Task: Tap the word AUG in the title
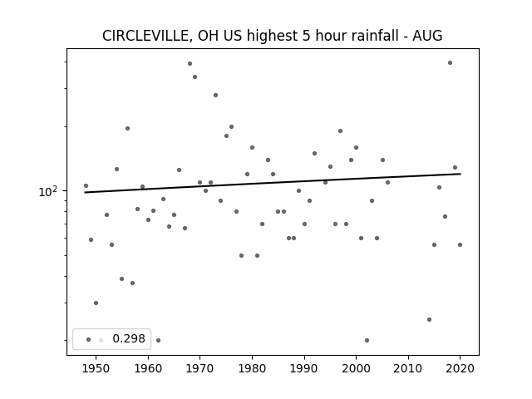[427, 36]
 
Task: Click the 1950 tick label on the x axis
[96, 368]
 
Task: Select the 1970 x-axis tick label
[199, 368]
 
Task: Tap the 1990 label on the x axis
[304, 368]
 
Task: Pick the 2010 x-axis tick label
[408, 368]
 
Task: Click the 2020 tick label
[460, 368]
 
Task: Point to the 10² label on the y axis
[48, 192]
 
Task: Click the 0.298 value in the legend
[129, 338]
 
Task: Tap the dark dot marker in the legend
[89, 339]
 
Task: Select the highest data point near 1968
[190, 63]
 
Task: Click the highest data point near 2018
[450, 63]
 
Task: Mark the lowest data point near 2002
[367, 340]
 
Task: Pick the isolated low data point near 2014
[429, 319]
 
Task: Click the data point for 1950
[96, 303]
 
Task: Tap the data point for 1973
[215, 96]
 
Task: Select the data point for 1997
[340, 131]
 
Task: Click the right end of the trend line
[461, 174]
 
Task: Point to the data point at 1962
[158, 340]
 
